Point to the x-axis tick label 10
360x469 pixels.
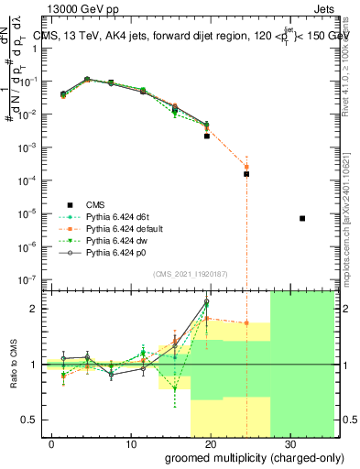(131, 443)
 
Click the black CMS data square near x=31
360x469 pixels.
(302, 218)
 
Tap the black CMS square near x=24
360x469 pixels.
(246, 173)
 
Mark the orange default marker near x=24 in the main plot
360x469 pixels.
(246, 167)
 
